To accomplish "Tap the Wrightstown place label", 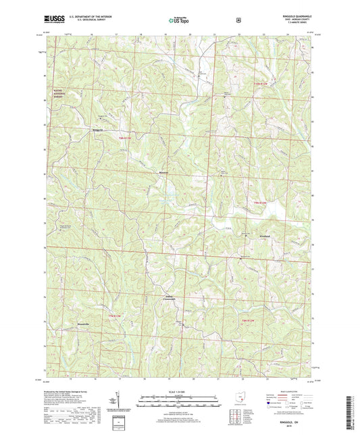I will pyautogui.click(x=266, y=236).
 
